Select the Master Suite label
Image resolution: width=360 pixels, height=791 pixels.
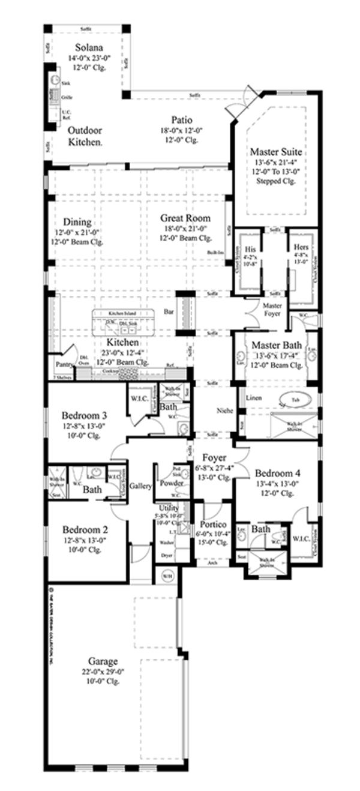tap(275, 152)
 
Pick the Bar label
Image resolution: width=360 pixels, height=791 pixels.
tap(168, 312)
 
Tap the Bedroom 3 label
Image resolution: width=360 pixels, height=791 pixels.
tap(85, 415)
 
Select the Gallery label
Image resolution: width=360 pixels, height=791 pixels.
tap(140, 486)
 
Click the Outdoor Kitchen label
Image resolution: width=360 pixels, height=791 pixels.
tap(84, 136)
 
